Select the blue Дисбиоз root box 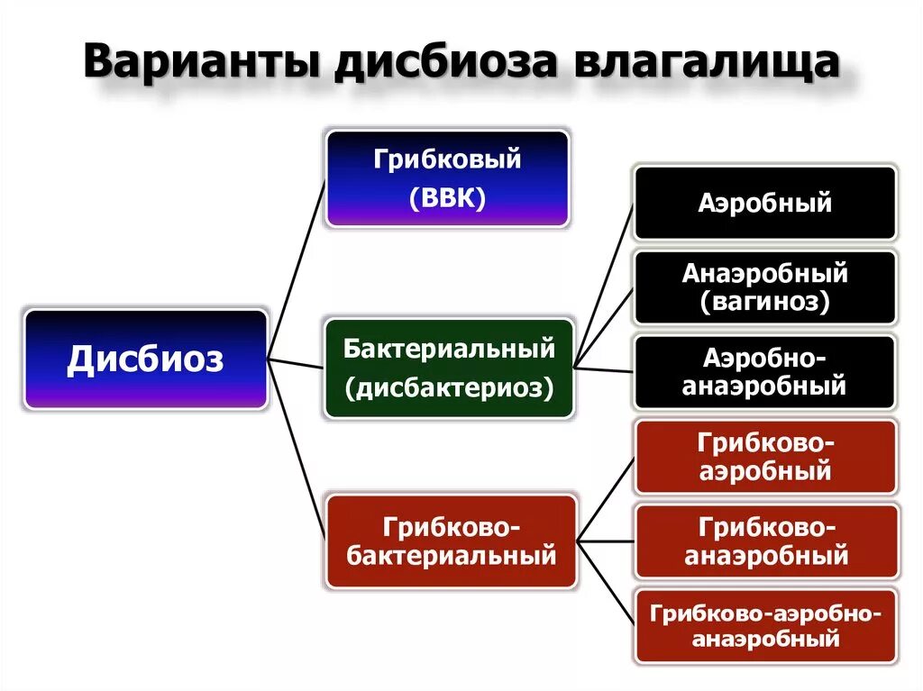[146, 360]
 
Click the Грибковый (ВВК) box [448, 178]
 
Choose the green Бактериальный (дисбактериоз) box [448, 368]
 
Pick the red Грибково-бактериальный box [451, 541]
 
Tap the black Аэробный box [765, 203]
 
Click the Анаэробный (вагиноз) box [765, 287]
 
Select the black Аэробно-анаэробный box [765, 372]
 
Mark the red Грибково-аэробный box [765, 457]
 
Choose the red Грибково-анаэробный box [765, 541]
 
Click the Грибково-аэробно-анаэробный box [765, 627]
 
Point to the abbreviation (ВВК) [448, 197]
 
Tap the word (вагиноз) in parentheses [765, 302]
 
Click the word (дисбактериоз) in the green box [448, 387]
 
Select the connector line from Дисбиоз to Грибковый [296, 270]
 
